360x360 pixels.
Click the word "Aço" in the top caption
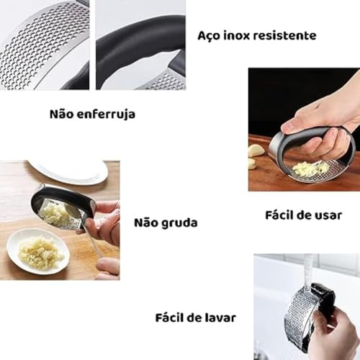pyautogui.click(x=209, y=35)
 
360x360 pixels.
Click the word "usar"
pyautogui.click(x=328, y=216)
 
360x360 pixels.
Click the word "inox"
pyautogui.click(x=238, y=35)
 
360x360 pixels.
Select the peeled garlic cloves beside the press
pyautogui.click(x=256, y=155)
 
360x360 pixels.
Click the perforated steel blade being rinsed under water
pyautogui.click(x=299, y=320)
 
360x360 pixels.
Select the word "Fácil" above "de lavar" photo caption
pyautogui.click(x=171, y=317)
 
